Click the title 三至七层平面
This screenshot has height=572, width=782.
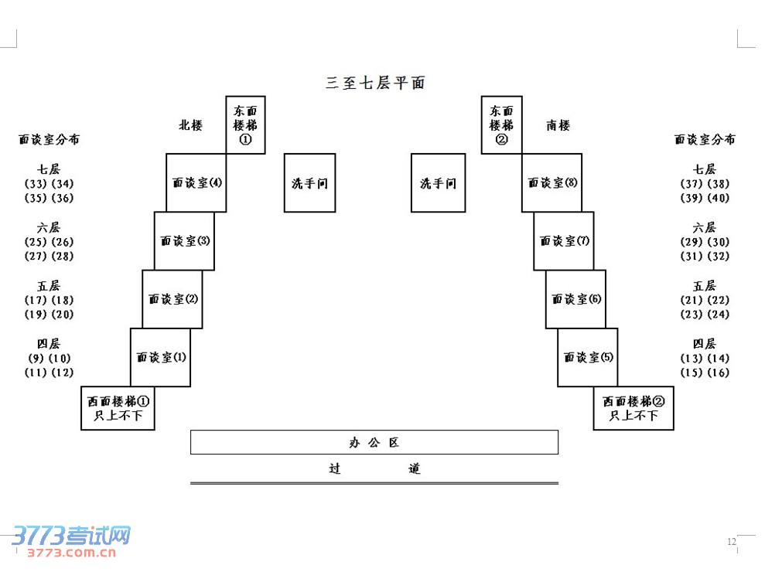coord(375,83)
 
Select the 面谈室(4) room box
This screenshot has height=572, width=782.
coord(196,183)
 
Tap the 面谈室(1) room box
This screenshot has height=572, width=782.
coord(160,357)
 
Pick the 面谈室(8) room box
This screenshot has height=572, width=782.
coord(552,183)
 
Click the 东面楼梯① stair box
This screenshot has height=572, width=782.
coord(245,125)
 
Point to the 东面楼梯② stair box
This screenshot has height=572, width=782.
coord(501,125)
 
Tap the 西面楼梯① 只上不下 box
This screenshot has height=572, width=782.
coord(118,408)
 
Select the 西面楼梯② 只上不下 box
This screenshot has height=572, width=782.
coord(633,408)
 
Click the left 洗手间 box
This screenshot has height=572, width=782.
coord(309,183)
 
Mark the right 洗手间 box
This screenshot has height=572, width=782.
coord(438,183)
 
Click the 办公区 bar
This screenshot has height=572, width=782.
coord(374,442)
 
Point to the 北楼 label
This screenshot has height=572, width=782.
coord(190,124)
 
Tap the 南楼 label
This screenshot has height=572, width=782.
coord(558,124)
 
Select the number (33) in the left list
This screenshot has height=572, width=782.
coord(36,184)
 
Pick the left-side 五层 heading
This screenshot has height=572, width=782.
coord(49,285)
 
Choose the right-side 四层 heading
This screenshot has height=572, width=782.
coord(704,343)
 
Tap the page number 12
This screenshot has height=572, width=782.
coord(731,541)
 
